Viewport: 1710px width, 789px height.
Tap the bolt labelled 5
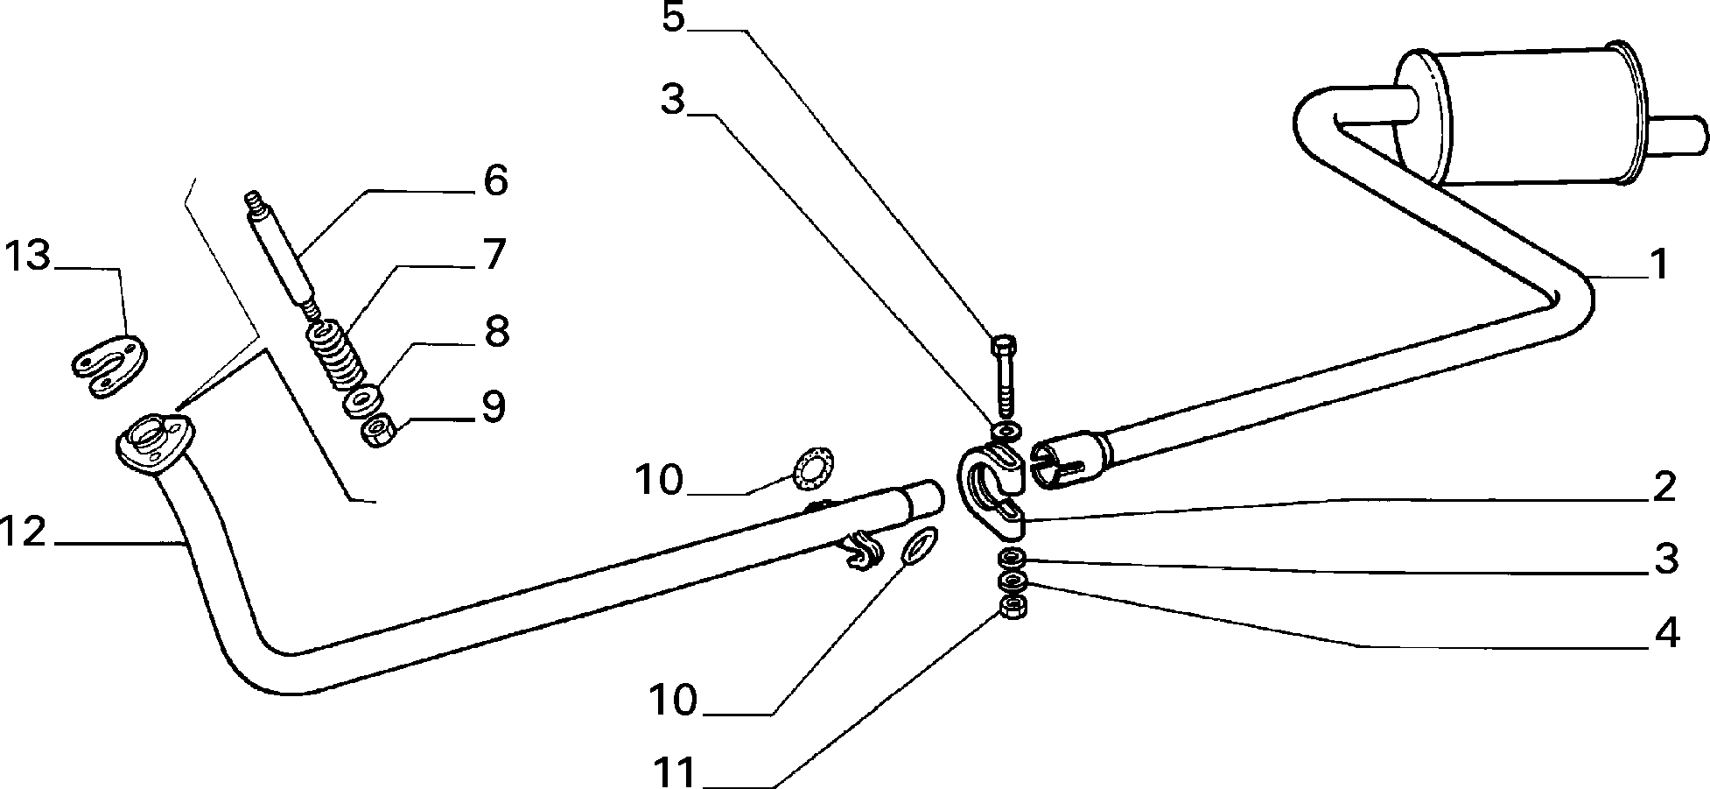coord(1003,377)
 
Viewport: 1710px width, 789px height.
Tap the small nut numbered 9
coord(379,432)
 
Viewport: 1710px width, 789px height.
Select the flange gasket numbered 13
coord(108,366)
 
